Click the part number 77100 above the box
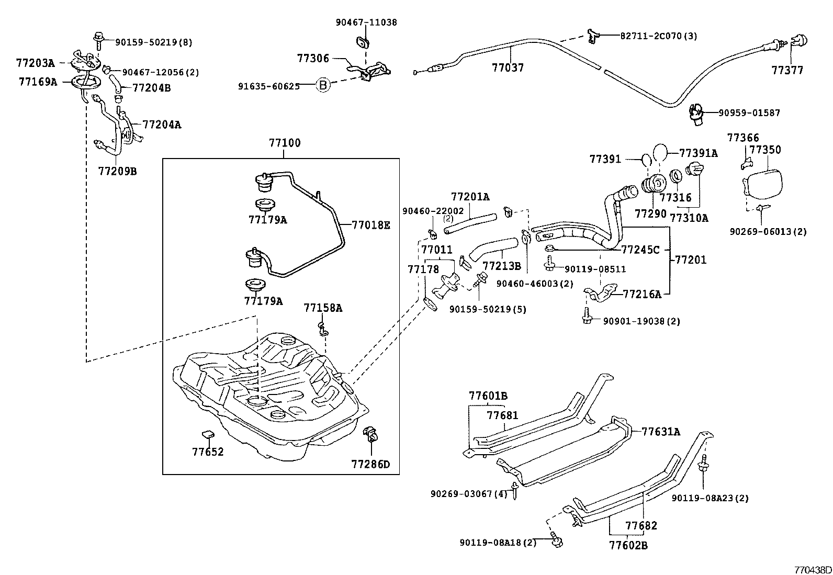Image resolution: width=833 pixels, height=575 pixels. coord(285,143)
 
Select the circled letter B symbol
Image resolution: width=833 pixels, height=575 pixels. coord(323,86)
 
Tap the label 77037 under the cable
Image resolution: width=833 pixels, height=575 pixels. coord(508,68)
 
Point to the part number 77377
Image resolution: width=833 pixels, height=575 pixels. coord(787,70)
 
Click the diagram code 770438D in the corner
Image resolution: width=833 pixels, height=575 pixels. coord(813,569)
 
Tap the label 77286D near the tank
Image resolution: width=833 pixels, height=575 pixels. coord(370,464)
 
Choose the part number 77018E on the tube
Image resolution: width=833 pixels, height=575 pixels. coord(371,226)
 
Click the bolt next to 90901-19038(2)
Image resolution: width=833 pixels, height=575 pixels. coord(587,317)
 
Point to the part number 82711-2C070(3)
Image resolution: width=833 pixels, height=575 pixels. coord(659,36)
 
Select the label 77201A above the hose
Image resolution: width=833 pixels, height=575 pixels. coord(470,197)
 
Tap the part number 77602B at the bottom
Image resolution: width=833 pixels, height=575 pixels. coord(628,546)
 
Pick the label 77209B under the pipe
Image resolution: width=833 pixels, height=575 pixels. coord(117,171)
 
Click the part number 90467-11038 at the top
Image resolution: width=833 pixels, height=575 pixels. coord(366,22)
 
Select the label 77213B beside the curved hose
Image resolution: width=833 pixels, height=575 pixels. coord(501,266)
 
